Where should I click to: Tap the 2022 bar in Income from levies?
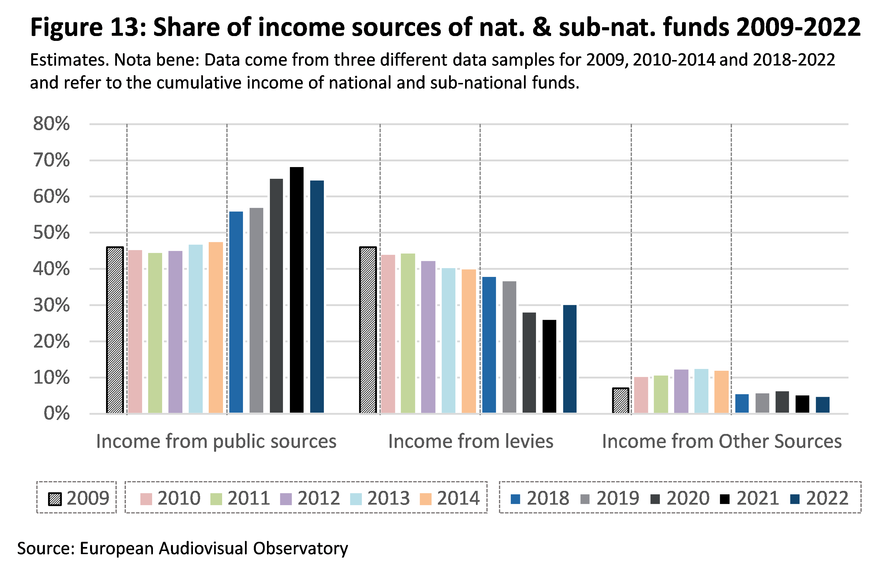570,359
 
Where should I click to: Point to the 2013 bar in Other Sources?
701,390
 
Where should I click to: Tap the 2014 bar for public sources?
216,327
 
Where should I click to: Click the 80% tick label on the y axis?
51,124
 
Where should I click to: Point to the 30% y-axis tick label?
51,306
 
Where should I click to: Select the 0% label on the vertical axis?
57,413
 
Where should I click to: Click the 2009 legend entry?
79,498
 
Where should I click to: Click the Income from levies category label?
471,441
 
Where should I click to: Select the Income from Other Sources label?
722,441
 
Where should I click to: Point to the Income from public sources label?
216,441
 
